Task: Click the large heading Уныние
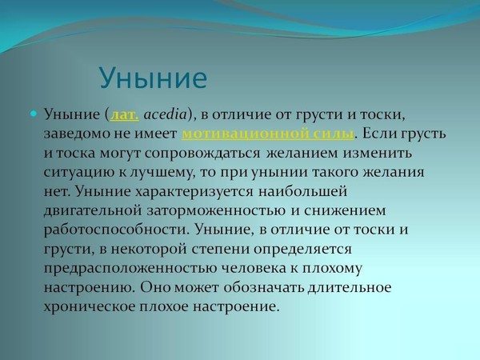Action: pos(153,78)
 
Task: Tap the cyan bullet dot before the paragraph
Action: pos(34,114)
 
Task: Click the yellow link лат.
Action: pos(125,114)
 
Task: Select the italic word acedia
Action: pos(166,114)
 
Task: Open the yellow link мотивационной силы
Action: pos(268,134)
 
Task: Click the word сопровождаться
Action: pos(202,153)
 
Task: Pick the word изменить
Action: pos(378,153)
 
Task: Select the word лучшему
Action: pos(162,173)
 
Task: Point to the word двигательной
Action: pos(93,211)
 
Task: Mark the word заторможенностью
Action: pos(216,211)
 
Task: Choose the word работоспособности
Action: pos(115,230)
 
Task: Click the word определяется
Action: pos(302,249)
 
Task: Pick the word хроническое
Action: pos(90,306)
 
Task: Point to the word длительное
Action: pos(350,288)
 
